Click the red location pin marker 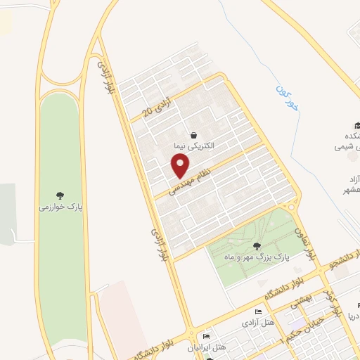click(181, 166)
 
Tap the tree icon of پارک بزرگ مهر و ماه click(256, 246)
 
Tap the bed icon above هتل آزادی click(258, 312)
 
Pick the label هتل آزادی click(258, 323)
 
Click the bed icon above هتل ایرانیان click(205, 337)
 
